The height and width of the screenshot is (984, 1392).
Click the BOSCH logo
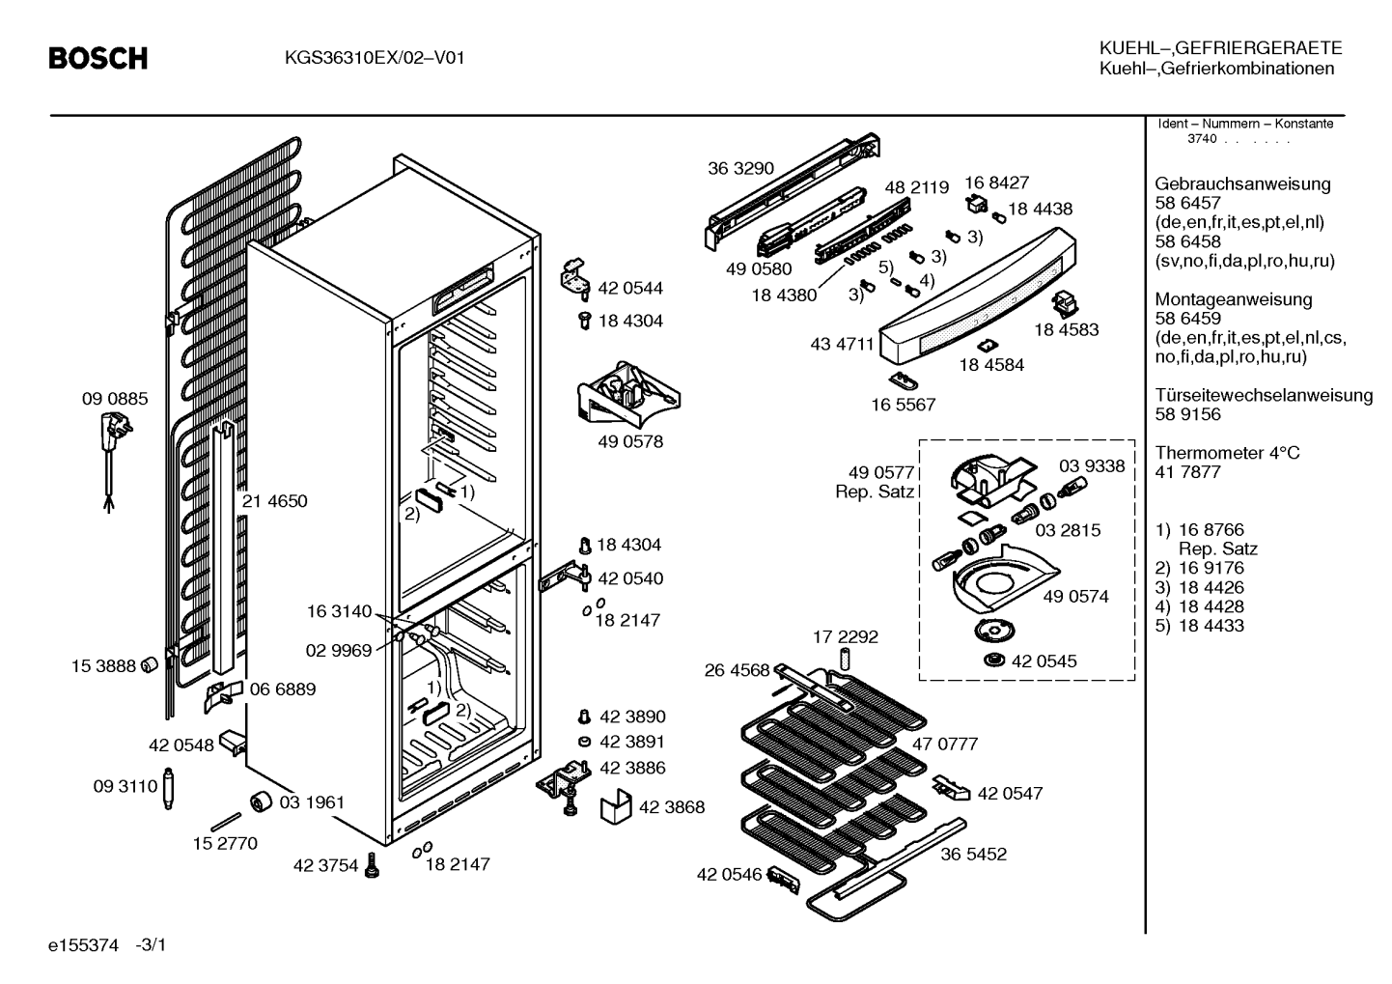[98, 58]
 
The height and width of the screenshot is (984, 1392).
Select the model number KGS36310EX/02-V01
[375, 58]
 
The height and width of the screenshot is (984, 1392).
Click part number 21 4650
[275, 501]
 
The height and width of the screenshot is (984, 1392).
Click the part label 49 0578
[630, 441]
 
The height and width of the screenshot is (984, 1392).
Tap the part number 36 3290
[740, 168]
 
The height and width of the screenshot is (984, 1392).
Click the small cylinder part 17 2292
[846, 659]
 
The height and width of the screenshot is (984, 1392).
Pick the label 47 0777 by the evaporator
[944, 744]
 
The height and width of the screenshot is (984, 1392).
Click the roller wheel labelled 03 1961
[261, 801]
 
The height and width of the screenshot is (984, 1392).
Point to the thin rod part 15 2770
[226, 821]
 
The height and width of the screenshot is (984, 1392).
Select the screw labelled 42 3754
[372, 864]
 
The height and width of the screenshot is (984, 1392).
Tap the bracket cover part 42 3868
[615, 807]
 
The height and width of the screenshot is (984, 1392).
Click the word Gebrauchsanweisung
[1242, 184]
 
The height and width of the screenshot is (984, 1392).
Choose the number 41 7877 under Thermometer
[1187, 472]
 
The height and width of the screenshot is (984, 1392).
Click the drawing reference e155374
[83, 945]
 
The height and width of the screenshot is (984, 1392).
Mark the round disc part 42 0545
[995, 661]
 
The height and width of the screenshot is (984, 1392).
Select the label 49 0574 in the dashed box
[1075, 596]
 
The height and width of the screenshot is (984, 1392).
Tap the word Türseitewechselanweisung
[1264, 395]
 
